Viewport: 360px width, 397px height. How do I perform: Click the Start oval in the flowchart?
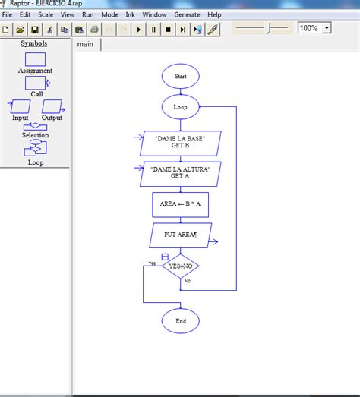pos(180,77)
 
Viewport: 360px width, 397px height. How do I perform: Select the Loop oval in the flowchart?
pos(180,107)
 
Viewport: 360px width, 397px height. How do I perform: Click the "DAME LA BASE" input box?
pos(180,143)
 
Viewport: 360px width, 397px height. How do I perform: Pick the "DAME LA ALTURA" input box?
pos(180,172)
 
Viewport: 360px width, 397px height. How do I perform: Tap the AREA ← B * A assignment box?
pos(180,204)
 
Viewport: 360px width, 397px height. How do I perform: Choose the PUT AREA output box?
pos(180,235)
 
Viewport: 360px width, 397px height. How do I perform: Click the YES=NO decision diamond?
pos(180,266)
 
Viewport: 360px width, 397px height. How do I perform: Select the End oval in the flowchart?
pos(180,321)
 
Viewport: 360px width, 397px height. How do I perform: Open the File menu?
pos(7,14)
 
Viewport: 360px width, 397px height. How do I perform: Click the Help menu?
pos(214,14)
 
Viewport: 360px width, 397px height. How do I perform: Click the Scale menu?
pos(46,14)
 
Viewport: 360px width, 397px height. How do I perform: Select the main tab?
pos(85,44)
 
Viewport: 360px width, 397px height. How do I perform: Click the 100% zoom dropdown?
pos(314,28)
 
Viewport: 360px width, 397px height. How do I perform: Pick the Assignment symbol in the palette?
pos(35,59)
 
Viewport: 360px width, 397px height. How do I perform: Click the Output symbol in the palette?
pos(52,107)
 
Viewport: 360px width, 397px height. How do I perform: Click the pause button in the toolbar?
pos(153,30)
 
